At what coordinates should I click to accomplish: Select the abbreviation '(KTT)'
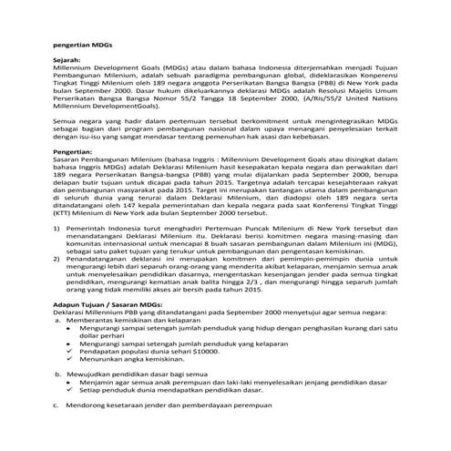click(65, 216)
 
